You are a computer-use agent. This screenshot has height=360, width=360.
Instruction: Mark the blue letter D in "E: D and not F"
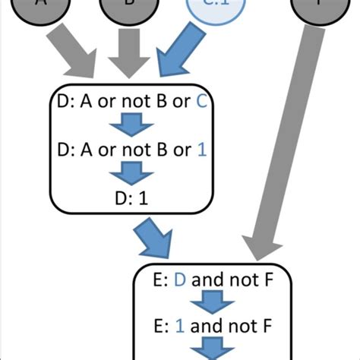[181, 280]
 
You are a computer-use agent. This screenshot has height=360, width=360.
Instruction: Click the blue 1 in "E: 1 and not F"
[181, 328]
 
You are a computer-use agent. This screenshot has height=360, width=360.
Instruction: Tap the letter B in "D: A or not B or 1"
[163, 150]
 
